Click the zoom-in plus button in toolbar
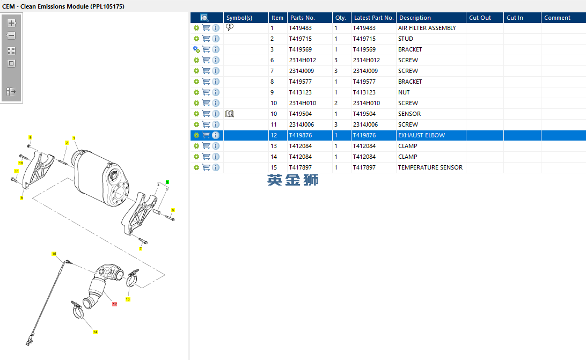pyautogui.click(x=11, y=23)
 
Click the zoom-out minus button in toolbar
pyautogui.click(x=11, y=35)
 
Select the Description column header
pyautogui.click(x=415, y=18)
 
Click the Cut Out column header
pyautogui.click(x=480, y=18)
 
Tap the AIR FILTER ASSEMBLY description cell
pyautogui.click(x=427, y=28)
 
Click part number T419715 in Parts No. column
pyautogui.click(x=300, y=39)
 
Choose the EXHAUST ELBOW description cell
pyautogui.click(x=422, y=135)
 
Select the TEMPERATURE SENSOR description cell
pyautogui.click(x=430, y=167)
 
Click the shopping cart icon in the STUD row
pyautogui.click(x=206, y=39)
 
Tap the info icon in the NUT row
pyautogui.click(x=216, y=92)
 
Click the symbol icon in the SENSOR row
pyautogui.click(x=230, y=114)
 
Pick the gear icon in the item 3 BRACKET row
pyautogui.click(x=196, y=49)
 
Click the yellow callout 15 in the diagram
pyautogui.click(x=54, y=254)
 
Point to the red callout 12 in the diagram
pyautogui.click(x=114, y=304)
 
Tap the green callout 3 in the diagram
pyautogui.click(x=167, y=182)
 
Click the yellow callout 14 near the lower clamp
pyautogui.click(x=96, y=332)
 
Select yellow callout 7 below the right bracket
pyautogui.click(x=141, y=248)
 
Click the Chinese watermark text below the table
pyautogui.click(x=292, y=180)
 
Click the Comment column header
pyautogui.click(x=557, y=18)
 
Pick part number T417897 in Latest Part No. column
pyautogui.click(x=364, y=167)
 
